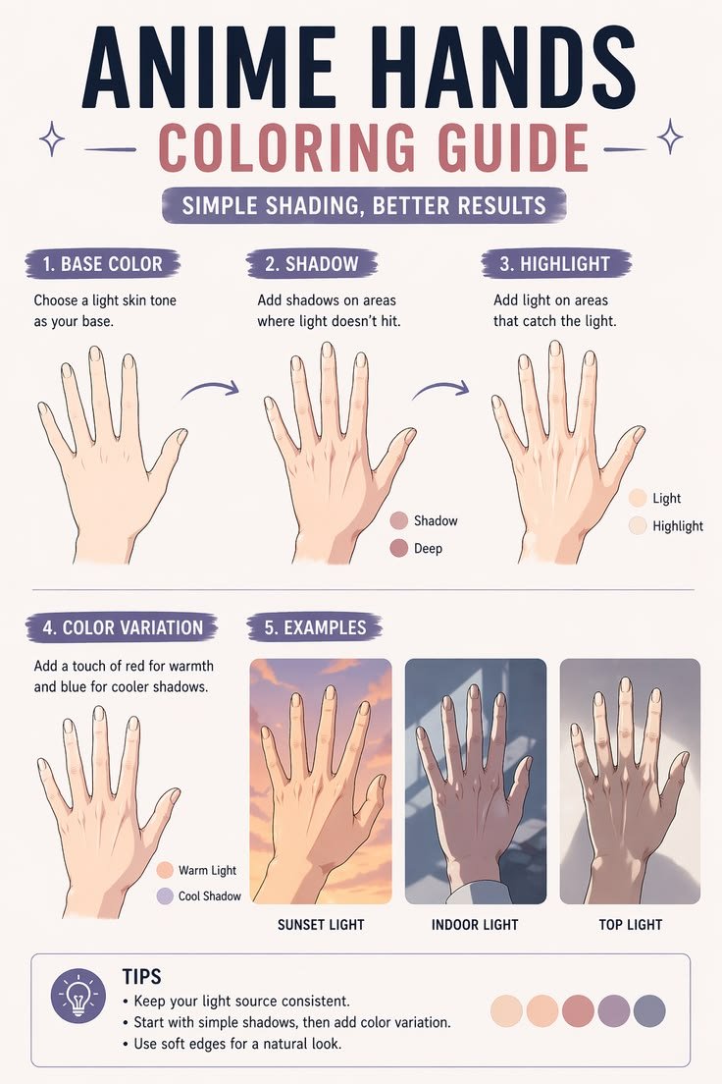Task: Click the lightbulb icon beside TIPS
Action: tap(78, 996)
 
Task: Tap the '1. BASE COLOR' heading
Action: tap(102, 264)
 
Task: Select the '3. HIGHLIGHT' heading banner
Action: tap(555, 264)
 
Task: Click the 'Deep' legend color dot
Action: tap(399, 548)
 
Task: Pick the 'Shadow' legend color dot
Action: tap(399, 520)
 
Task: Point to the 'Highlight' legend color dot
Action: tap(638, 525)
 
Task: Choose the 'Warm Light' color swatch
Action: tap(165, 870)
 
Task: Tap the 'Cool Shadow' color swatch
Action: tap(165, 895)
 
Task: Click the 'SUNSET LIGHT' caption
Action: tap(321, 924)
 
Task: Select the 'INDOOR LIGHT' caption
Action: tap(475, 924)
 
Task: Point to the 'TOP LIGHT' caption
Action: tap(630, 924)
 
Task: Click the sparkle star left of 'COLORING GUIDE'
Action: tap(52, 138)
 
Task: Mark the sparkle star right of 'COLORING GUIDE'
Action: tap(669, 136)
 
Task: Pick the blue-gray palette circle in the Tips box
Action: tap(649, 1010)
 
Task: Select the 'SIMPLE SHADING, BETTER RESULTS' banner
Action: tap(364, 205)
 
